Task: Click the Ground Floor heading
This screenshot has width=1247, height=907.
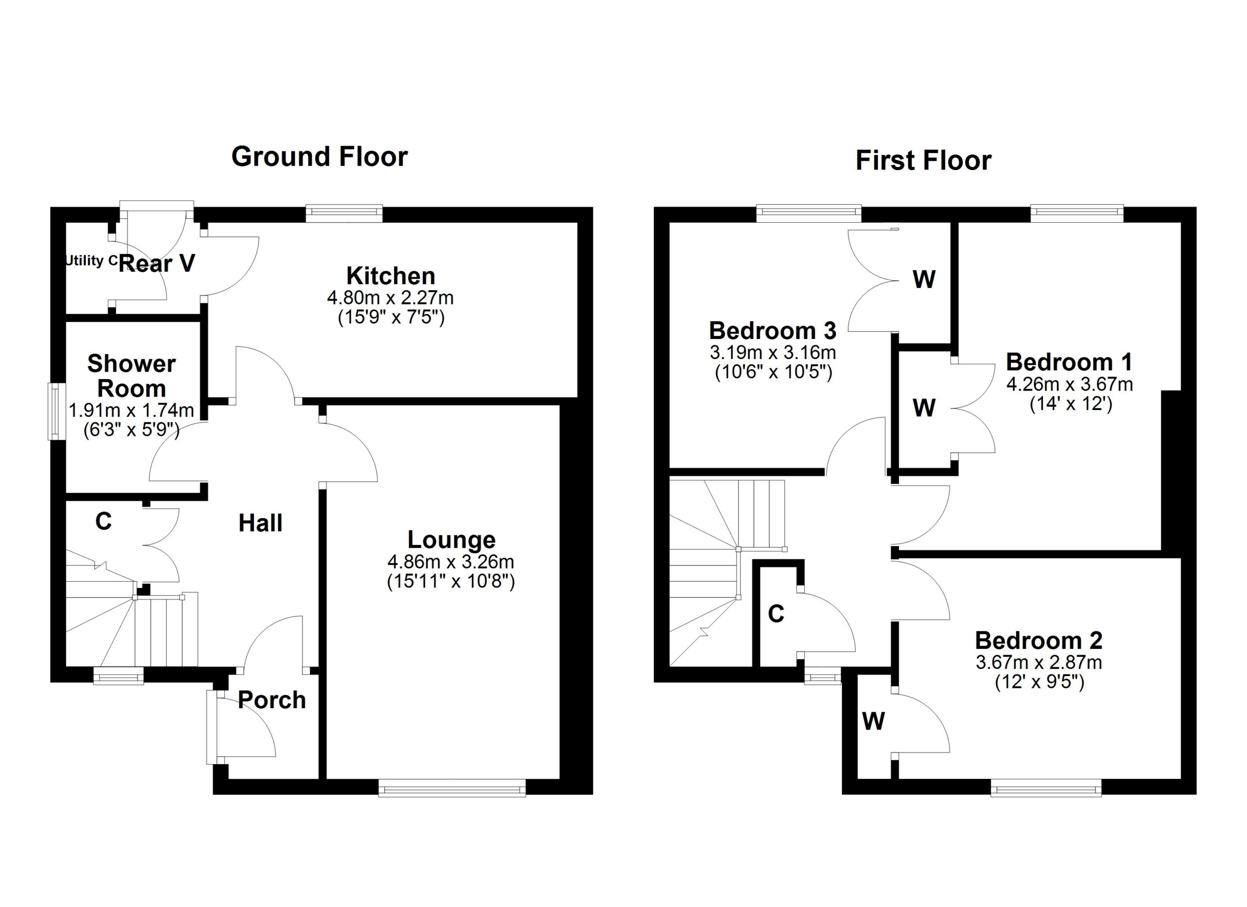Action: [x=320, y=157]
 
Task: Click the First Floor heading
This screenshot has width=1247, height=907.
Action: [x=923, y=161]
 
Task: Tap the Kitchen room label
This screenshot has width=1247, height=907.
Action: [x=390, y=276]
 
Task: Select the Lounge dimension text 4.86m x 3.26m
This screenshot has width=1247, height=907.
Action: [x=451, y=562]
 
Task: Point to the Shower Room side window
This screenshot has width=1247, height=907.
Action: [x=55, y=411]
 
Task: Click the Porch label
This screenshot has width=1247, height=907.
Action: [x=272, y=700]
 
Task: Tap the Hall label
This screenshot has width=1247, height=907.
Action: [x=260, y=523]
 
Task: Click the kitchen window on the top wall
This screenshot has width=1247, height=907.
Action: [x=343, y=213]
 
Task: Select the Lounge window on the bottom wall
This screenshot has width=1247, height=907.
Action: [x=452, y=790]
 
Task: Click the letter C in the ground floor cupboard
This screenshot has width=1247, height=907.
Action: [x=103, y=521]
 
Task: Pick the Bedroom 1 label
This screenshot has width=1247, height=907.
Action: [x=1069, y=362]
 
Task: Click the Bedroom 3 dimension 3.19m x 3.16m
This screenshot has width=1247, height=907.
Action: [x=773, y=352]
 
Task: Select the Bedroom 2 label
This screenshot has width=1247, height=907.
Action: [x=1039, y=641]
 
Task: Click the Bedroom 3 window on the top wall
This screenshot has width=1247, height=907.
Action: [x=808, y=213]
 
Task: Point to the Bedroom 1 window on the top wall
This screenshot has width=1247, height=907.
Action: [x=1077, y=213]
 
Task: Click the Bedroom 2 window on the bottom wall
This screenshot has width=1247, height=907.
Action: [x=1046, y=790]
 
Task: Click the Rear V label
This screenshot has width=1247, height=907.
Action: [x=157, y=264]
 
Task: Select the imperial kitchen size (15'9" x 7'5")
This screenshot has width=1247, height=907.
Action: [x=390, y=318]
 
